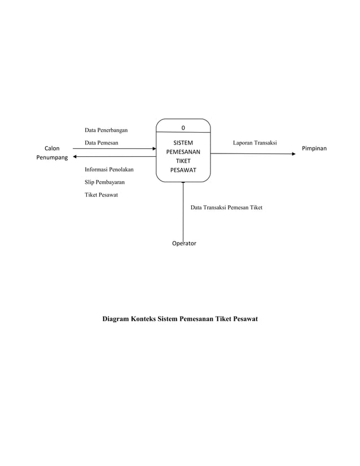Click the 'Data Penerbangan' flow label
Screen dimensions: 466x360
pos(106,131)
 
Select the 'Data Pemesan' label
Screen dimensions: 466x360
pos(102,143)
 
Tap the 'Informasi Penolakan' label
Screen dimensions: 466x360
pos(109,169)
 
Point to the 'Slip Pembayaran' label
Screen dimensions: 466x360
pos(105,182)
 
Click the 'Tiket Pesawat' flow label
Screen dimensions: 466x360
pos(102,195)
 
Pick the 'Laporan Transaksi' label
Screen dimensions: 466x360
pos(255,143)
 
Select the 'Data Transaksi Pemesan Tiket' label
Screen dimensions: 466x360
pos(226,208)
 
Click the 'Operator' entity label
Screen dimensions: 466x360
pos(185,244)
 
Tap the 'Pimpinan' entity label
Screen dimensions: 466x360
pos(315,148)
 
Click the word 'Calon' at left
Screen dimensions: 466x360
pos(52,148)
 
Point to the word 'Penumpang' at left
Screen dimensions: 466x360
pos(52,157)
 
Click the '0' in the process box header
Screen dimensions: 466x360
pos(183,128)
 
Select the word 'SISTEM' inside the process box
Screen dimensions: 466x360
pos(183,143)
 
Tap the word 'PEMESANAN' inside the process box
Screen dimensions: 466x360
pos(183,152)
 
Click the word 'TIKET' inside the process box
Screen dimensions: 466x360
pos(183,161)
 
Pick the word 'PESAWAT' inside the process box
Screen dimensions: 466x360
pos(183,170)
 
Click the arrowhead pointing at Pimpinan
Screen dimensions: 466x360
pos(293,153)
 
